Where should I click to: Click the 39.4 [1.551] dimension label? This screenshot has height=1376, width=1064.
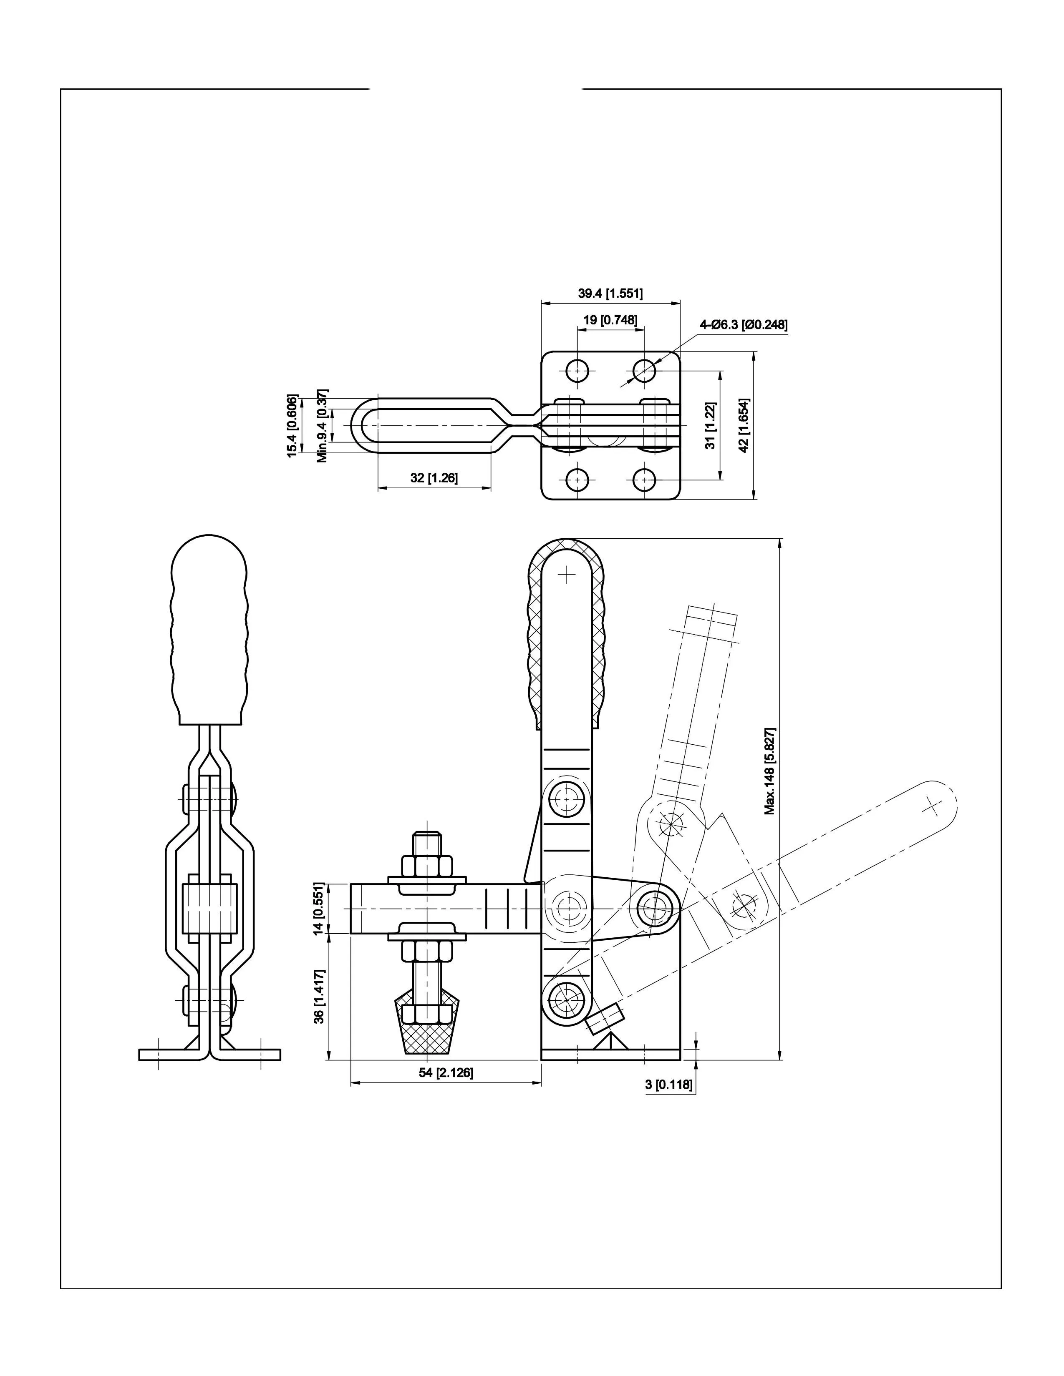click(x=610, y=293)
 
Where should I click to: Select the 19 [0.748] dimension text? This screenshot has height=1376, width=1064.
click(x=610, y=320)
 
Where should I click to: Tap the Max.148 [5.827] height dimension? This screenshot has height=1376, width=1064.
click(x=770, y=771)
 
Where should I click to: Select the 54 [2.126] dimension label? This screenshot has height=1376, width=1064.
click(x=446, y=1072)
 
